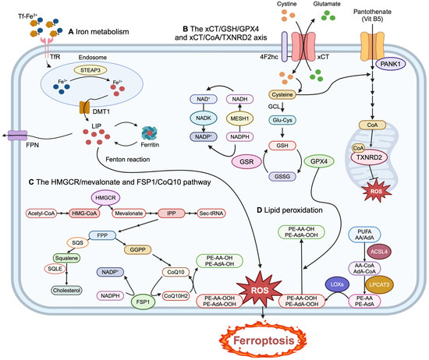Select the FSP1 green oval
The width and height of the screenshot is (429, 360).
pyautogui.click(x=143, y=298)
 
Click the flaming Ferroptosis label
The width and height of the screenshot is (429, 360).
pyautogui.click(x=256, y=340)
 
